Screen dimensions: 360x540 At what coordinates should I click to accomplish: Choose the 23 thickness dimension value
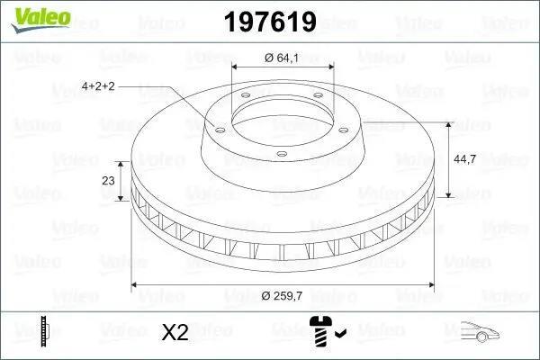[x=109, y=180]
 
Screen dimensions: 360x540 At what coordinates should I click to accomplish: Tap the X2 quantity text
[x=175, y=332]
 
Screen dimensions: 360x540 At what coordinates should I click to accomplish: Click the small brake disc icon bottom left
[x=42, y=330]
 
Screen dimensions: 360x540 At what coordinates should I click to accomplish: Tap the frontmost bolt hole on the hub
[x=281, y=154]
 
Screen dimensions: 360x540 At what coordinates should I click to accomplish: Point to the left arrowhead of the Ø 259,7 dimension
[x=137, y=286]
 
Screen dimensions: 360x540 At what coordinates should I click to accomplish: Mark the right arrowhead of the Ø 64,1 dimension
[x=331, y=68]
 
